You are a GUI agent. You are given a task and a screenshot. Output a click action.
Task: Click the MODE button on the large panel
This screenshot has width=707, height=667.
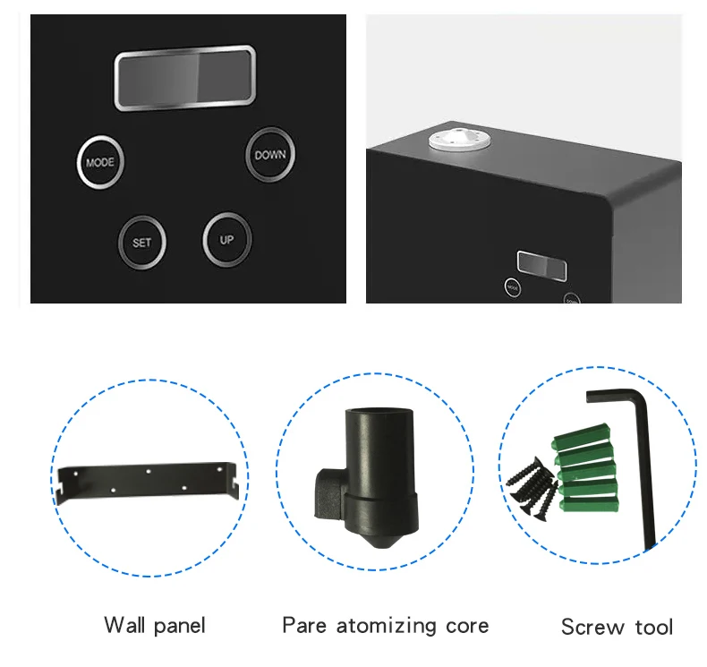(99, 163)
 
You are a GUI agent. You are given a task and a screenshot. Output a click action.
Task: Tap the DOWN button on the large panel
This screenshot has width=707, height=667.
(270, 155)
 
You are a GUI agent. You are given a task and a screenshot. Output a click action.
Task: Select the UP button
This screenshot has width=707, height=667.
(226, 240)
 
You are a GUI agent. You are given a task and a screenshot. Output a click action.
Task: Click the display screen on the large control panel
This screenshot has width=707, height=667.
(184, 78)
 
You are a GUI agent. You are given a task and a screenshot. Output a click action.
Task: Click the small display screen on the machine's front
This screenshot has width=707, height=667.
(542, 267)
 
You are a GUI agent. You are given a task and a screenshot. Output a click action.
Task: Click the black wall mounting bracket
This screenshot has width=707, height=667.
(148, 481)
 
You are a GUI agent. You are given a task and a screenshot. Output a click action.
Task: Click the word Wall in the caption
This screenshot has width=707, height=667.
(126, 624)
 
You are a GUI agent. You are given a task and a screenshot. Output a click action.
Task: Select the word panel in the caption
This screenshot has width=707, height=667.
(179, 626)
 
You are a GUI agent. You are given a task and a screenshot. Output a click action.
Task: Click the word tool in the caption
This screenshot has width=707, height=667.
(652, 627)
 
